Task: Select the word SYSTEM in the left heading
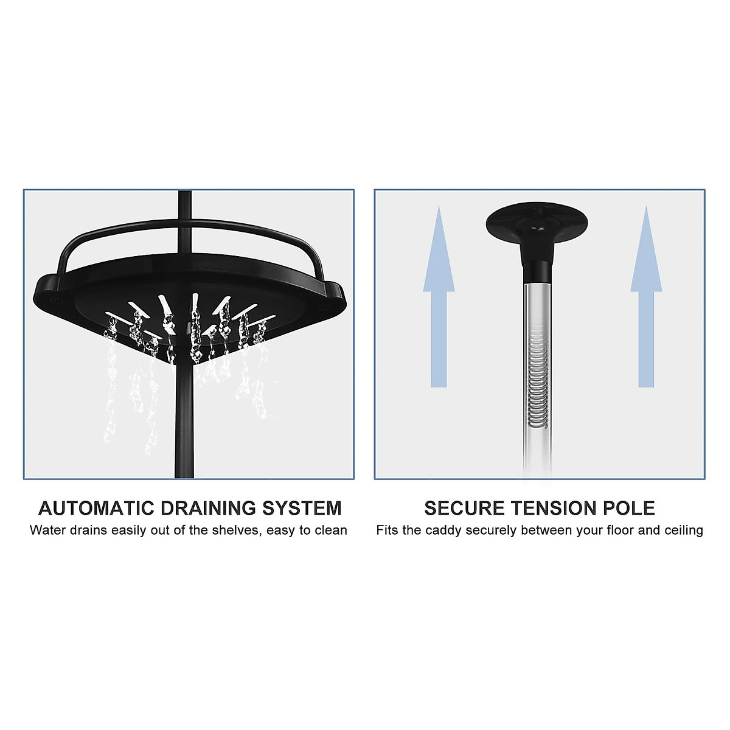tap(302, 508)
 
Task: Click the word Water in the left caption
tap(48, 530)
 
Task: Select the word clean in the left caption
tap(331, 530)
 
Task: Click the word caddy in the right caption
tap(443, 530)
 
